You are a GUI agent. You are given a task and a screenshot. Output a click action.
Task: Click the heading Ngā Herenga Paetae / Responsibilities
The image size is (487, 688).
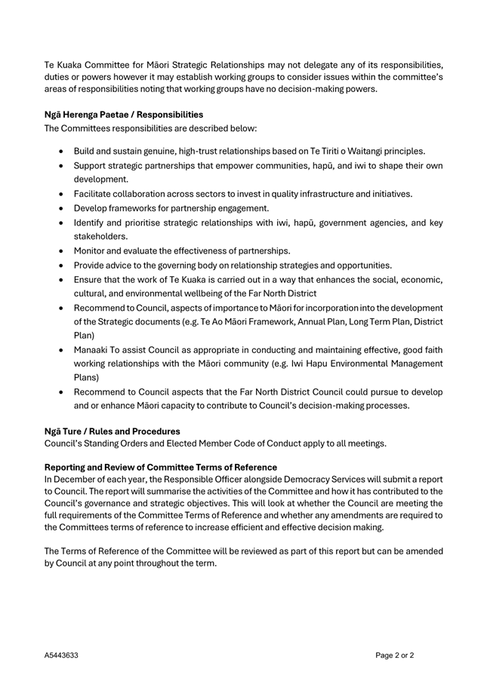(x=124, y=115)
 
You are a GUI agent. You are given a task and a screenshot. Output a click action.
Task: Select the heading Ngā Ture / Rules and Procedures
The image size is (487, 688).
(x=113, y=432)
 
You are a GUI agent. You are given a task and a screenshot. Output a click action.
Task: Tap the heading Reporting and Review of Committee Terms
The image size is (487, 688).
(x=161, y=468)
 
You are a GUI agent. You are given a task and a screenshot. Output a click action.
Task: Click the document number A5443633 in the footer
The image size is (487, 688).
(x=61, y=656)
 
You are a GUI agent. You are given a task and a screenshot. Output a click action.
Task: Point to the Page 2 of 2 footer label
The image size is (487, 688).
(x=395, y=656)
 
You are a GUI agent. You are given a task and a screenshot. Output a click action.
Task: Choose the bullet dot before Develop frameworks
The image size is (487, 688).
(x=62, y=208)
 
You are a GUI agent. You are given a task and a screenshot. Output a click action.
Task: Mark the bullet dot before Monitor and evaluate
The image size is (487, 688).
(x=62, y=250)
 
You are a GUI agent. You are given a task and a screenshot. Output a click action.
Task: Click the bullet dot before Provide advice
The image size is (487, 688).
(x=62, y=265)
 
